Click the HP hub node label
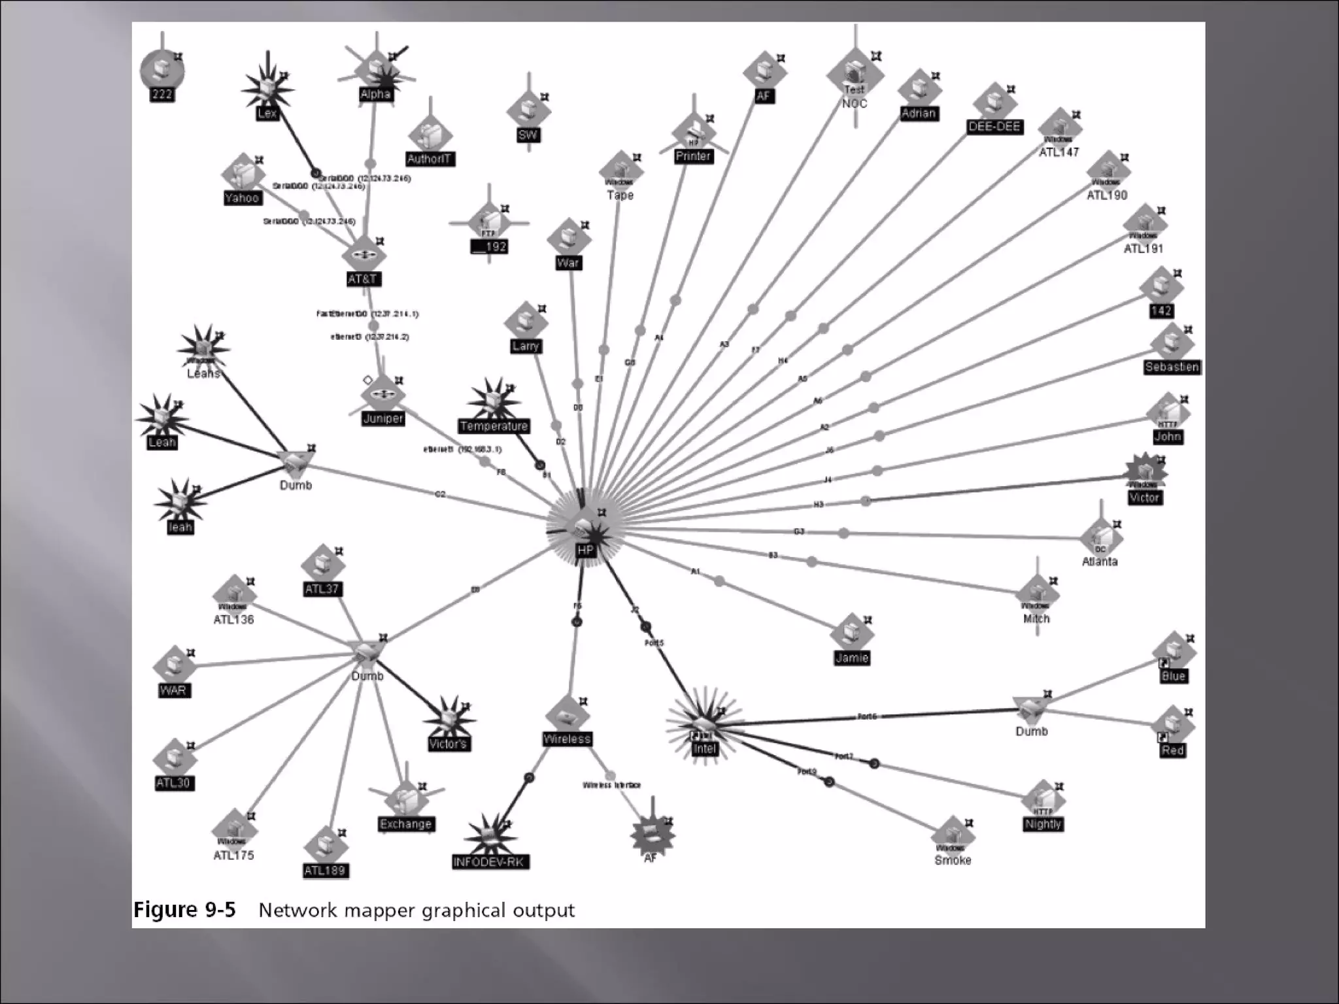585,550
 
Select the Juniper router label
383,418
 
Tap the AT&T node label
363,279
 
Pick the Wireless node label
567,739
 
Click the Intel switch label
704,749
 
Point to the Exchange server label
405,824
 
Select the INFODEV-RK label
490,862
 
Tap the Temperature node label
494,426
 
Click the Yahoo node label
242,197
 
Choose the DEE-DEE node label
994,127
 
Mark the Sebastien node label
1172,367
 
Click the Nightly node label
1043,824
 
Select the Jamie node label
851,658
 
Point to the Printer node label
693,156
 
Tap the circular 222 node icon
161,71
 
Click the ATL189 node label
325,871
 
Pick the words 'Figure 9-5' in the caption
184,910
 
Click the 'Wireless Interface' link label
611,785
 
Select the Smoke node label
953,860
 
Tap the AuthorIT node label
429,159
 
